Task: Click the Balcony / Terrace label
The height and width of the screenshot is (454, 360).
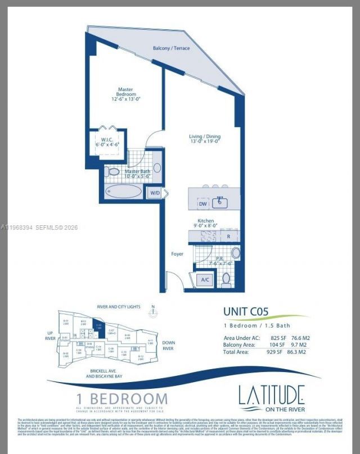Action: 172,48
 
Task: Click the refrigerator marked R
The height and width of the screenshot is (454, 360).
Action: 228,237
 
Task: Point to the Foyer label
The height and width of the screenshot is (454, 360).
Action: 177,254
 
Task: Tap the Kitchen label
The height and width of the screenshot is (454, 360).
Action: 204,221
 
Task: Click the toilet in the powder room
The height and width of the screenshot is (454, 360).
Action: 226,278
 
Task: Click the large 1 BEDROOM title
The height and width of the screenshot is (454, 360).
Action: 122,398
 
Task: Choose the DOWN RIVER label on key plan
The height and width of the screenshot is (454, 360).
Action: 169,345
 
